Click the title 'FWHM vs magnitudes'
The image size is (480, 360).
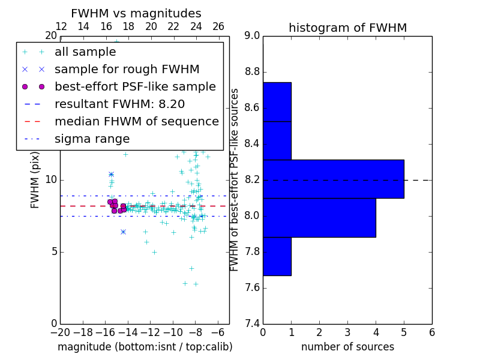coord(136,13)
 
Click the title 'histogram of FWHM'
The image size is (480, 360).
coord(347,28)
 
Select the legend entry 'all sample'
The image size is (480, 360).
coord(85,52)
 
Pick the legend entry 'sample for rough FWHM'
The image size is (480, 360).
coord(127,69)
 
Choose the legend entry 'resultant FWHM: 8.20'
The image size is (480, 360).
coord(119,104)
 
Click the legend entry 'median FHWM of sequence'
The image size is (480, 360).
coord(136,121)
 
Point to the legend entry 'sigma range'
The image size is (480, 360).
coord(92,139)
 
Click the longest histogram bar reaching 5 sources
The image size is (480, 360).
coord(333,179)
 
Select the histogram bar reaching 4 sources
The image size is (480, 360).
coord(319,217)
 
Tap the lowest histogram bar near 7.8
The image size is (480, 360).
coord(277,256)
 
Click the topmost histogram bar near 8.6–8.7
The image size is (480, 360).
coord(277,102)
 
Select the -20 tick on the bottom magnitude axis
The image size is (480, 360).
coord(60,332)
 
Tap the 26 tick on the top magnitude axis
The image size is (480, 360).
coord(218,26)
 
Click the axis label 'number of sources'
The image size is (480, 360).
coord(347,347)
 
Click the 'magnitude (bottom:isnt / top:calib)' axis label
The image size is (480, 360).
coord(145,347)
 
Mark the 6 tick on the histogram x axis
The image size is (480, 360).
coord(431,332)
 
